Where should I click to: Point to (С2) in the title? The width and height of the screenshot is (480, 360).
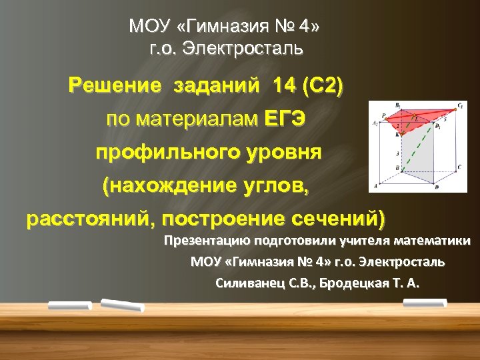click(x=322, y=86)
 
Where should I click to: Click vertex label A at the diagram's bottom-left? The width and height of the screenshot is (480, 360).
click(x=375, y=185)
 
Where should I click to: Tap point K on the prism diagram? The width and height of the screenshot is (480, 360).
click(x=397, y=134)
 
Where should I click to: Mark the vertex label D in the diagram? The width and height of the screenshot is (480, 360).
click(x=437, y=187)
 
